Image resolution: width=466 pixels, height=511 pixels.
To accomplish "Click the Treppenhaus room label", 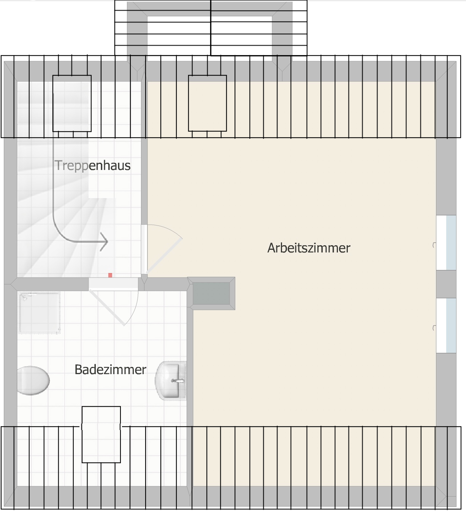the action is click(92, 165).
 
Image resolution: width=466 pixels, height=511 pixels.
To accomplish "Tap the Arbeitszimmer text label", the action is click(309, 248).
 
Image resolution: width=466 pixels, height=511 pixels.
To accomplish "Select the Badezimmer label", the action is click(110, 370).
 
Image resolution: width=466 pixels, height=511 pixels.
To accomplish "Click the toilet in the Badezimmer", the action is click(33, 381).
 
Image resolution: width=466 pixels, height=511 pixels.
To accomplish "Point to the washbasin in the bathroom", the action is click(171, 381).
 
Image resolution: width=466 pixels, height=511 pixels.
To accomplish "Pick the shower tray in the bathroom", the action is click(39, 313).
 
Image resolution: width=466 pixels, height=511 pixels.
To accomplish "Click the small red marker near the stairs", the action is click(110, 275).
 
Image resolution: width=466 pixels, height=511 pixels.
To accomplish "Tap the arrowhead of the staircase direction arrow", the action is click(105, 242).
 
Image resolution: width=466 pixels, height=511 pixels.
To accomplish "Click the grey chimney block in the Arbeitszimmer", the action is click(211, 294).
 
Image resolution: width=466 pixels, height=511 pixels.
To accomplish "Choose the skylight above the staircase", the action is click(72, 103).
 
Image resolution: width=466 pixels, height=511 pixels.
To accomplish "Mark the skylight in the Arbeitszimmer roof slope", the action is click(208, 103).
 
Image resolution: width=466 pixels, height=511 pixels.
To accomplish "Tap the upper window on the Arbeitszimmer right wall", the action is click(446, 243).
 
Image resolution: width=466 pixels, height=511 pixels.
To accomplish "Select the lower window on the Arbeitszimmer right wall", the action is click(446, 325).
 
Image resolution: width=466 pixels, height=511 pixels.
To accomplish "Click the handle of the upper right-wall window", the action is click(434, 245).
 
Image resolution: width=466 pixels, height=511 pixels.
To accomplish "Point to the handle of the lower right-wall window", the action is click(434, 328).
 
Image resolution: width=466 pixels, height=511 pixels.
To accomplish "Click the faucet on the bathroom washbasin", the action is click(178, 381).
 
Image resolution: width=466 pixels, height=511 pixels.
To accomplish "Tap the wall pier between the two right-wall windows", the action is click(446, 284).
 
